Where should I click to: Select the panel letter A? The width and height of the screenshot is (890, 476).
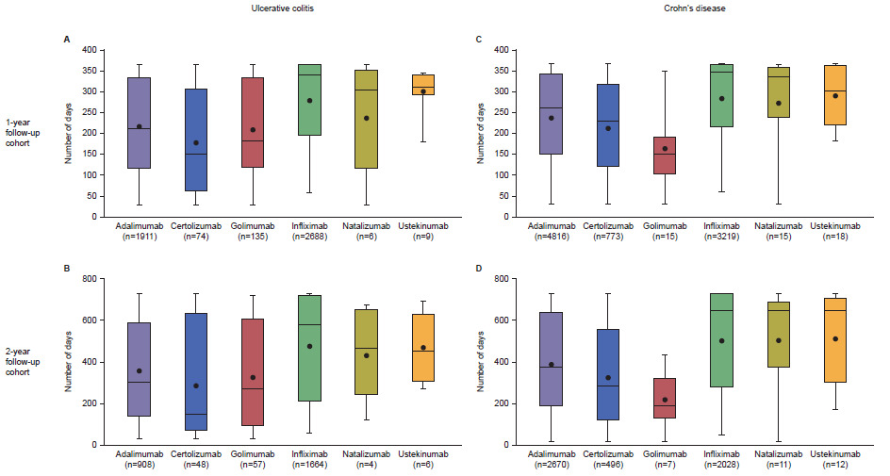[x=66, y=39]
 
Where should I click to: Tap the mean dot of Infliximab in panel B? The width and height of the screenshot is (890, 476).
[x=334, y=346]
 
